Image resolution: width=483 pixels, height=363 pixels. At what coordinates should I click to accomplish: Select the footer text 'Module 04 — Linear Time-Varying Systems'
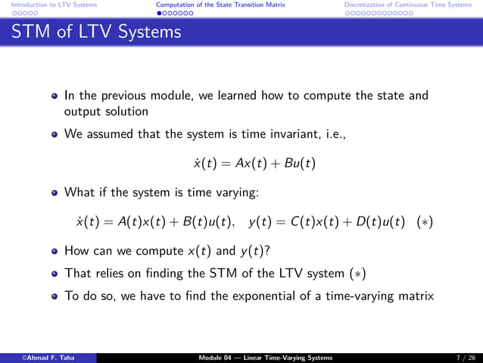coord(263,357)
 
